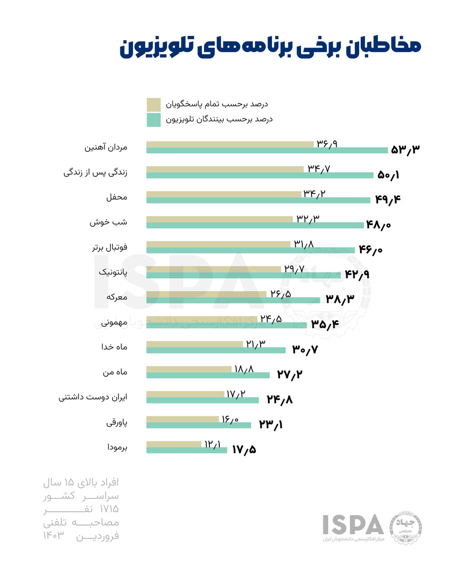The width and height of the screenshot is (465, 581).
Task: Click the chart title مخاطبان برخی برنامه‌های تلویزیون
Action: (270, 47)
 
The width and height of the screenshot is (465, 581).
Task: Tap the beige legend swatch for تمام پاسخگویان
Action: (153, 104)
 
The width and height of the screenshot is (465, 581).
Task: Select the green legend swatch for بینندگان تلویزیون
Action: (153, 120)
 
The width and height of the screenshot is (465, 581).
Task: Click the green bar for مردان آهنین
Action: (267, 151)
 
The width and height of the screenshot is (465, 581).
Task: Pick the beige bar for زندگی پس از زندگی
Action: (225, 169)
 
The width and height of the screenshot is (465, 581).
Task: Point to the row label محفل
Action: (117, 197)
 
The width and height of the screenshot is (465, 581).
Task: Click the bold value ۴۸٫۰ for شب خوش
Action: (378, 225)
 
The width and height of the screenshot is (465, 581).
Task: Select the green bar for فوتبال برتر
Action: (250, 250)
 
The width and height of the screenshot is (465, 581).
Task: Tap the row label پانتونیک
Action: (113, 272)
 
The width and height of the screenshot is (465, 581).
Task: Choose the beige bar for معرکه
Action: (206, 294)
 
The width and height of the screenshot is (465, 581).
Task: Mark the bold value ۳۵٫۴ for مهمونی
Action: (325, 324)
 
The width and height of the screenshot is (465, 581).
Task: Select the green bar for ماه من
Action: (208, 375)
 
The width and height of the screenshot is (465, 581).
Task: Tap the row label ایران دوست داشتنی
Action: (93, 397)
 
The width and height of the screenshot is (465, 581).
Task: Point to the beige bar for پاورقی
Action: (183, 419)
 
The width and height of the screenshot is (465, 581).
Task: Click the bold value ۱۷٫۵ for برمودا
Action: (244, 450)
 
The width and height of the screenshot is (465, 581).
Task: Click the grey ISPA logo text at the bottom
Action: (353, 525)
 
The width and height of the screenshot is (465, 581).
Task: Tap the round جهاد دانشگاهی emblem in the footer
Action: (406, 529)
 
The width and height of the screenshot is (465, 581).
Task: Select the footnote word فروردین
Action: (97, 536)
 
